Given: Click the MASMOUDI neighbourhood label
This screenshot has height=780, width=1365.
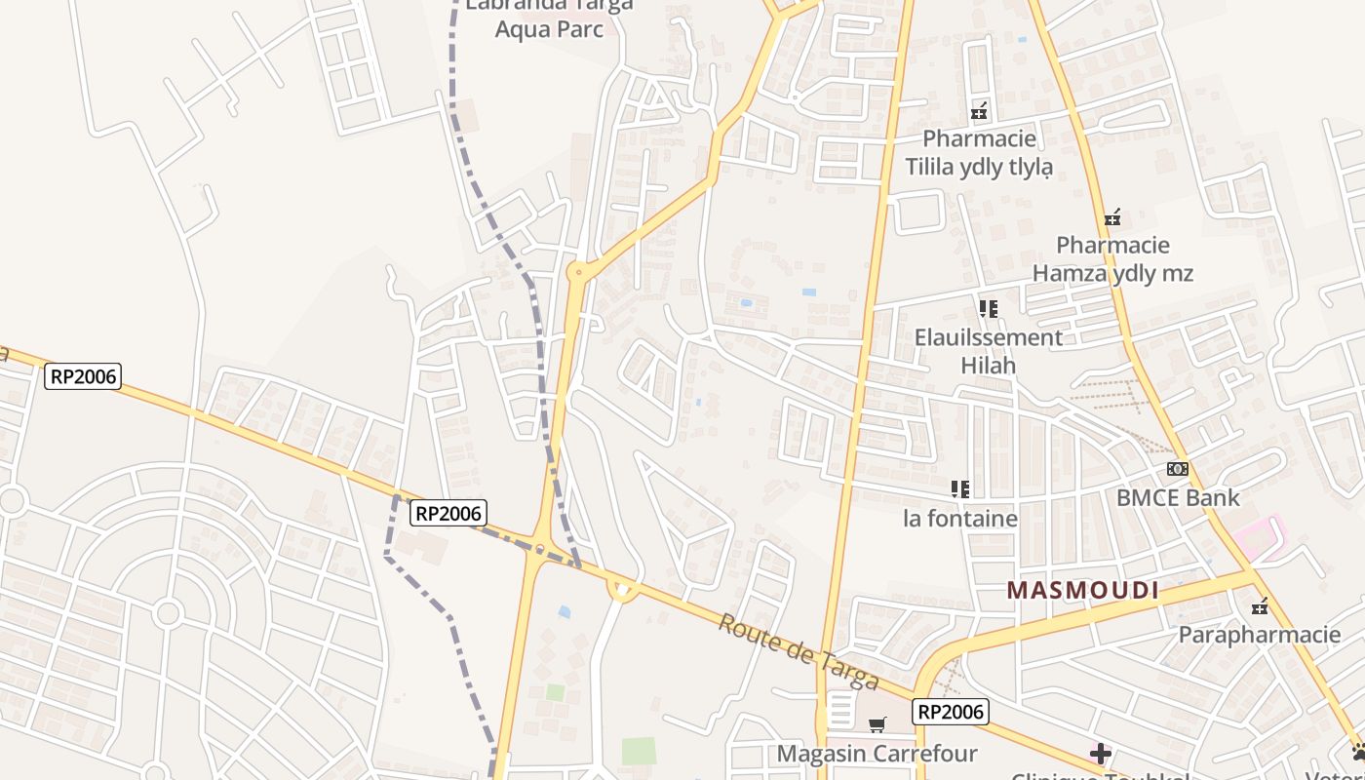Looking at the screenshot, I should coord(1082,590).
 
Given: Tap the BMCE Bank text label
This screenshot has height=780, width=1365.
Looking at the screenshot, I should coord(1178,497).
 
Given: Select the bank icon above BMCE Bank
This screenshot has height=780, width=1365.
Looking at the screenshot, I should coord(1178,469).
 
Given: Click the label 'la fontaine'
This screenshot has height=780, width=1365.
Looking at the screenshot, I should coord(960,518).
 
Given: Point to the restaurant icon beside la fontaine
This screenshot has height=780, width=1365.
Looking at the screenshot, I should coord(960,488).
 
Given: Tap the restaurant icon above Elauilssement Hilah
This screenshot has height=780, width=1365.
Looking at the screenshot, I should coord(989,309).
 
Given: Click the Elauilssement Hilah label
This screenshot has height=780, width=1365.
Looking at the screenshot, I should coord(989,351).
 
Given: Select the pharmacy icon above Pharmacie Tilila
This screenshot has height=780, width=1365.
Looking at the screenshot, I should coord(979,111).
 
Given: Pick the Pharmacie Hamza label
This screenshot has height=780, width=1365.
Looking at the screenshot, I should coord(1112,258).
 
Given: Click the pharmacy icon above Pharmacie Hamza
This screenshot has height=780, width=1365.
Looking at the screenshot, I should coord(1112,216).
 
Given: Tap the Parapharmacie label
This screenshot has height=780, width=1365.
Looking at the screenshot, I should coord(1260,635).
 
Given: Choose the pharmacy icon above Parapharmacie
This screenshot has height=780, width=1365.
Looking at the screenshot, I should coord(1260,606).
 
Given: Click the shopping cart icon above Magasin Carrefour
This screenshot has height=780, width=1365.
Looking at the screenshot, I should coord(877,724).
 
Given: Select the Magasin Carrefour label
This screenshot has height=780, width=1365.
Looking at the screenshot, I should coord(877,754).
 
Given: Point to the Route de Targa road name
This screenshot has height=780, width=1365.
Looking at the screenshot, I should coord(799,652).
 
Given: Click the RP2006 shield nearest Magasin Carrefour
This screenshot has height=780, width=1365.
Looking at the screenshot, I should coord(951,712).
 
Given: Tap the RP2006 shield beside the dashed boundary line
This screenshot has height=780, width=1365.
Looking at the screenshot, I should coord(448,513).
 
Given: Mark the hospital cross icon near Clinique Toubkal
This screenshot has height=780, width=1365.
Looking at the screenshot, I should coord(1101,753).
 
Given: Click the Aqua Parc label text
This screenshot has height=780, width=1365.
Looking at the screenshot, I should coord(549,28).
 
